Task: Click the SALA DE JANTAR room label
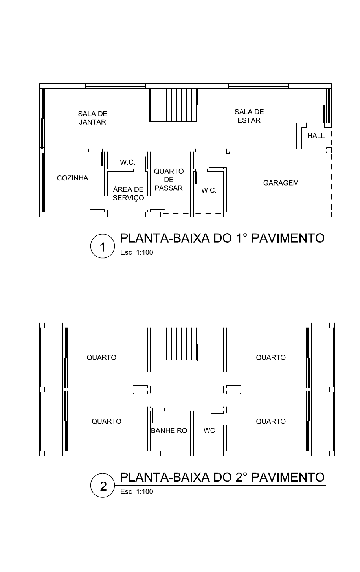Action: tap(92, 118)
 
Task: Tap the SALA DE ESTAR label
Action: tap(249, 116)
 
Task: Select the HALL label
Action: tap(316, 136)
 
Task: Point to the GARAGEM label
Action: tap(281, 183)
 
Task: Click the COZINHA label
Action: tap(72, 178)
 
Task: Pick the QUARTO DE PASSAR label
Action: tap(169, 180)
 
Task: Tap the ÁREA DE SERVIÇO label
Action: tap(128, 193)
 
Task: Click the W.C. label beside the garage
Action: tap(209, 190)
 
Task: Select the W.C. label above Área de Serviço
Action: tap(127, 162)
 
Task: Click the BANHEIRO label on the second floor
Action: tap(169, 430)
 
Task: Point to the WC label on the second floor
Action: tap(209, 430)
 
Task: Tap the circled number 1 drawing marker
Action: tap(103, 246)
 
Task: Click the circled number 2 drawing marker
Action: tap(103, 485)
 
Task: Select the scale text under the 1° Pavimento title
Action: tap(137, 252)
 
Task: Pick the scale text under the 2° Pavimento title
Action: tap(137, 491)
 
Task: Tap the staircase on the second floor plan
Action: tap(174, 344)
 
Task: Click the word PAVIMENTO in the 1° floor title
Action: tap(288, 238)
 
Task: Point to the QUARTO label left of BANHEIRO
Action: tap(107, 421)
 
